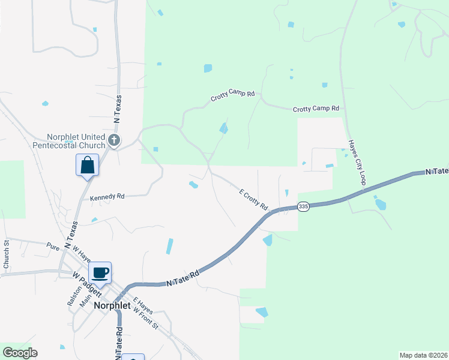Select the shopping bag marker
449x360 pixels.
(87, 165)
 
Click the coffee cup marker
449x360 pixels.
(100, 273)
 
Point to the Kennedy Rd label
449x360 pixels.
(107, 197)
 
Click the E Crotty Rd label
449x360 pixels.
(253, 200)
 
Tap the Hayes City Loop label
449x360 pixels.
(357, 163)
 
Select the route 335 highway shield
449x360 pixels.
(303, 206)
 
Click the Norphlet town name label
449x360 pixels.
(112, 305)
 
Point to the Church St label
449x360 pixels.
(7, 253)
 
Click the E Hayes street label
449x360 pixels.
(143, 307)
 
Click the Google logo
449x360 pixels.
(19, 353)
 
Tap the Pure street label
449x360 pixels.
(53, 245)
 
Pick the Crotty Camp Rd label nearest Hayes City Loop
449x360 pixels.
(316, 109)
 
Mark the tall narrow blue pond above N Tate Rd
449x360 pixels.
(170, 246)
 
